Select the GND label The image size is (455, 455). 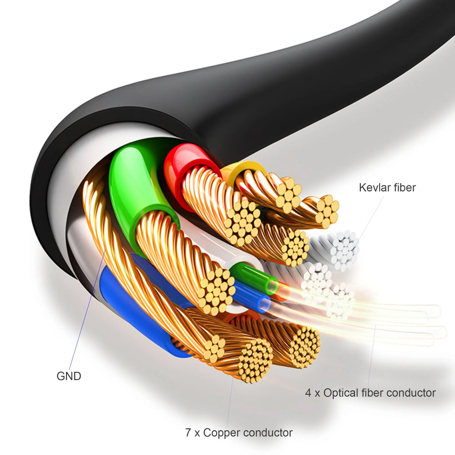point(69,376)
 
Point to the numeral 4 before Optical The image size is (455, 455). point(308,393)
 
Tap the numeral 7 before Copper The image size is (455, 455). point(188,433)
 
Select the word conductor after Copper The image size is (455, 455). point(268,433)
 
